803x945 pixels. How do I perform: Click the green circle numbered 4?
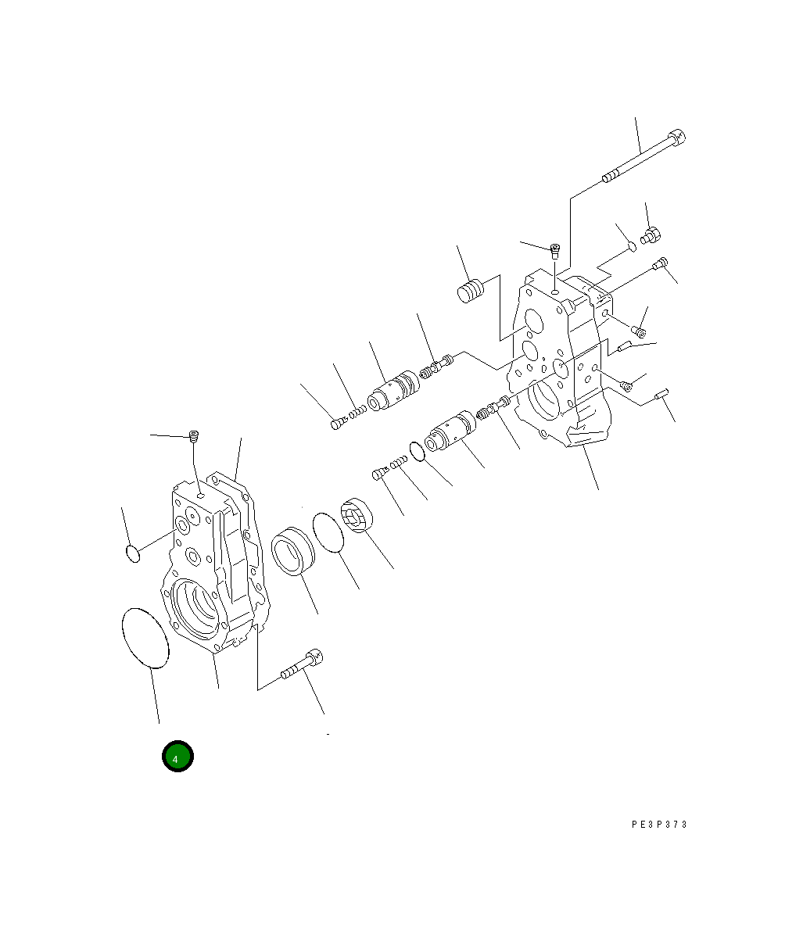pos(177,756)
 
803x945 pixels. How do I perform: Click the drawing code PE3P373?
pos(659,825)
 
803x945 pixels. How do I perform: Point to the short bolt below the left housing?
pos(301,664)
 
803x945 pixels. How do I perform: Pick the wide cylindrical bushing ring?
pos(293,551)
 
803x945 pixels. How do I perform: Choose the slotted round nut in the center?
pos(357,515)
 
